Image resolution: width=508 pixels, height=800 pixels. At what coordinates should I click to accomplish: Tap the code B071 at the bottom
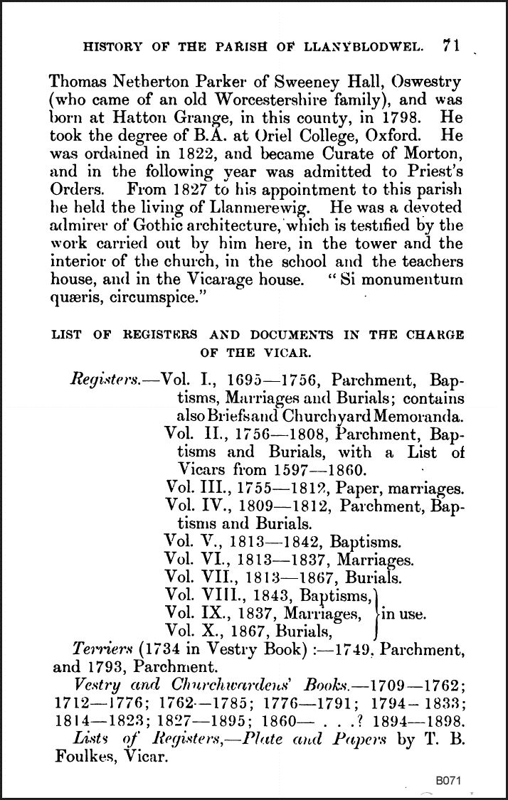(x=450, y=780)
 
